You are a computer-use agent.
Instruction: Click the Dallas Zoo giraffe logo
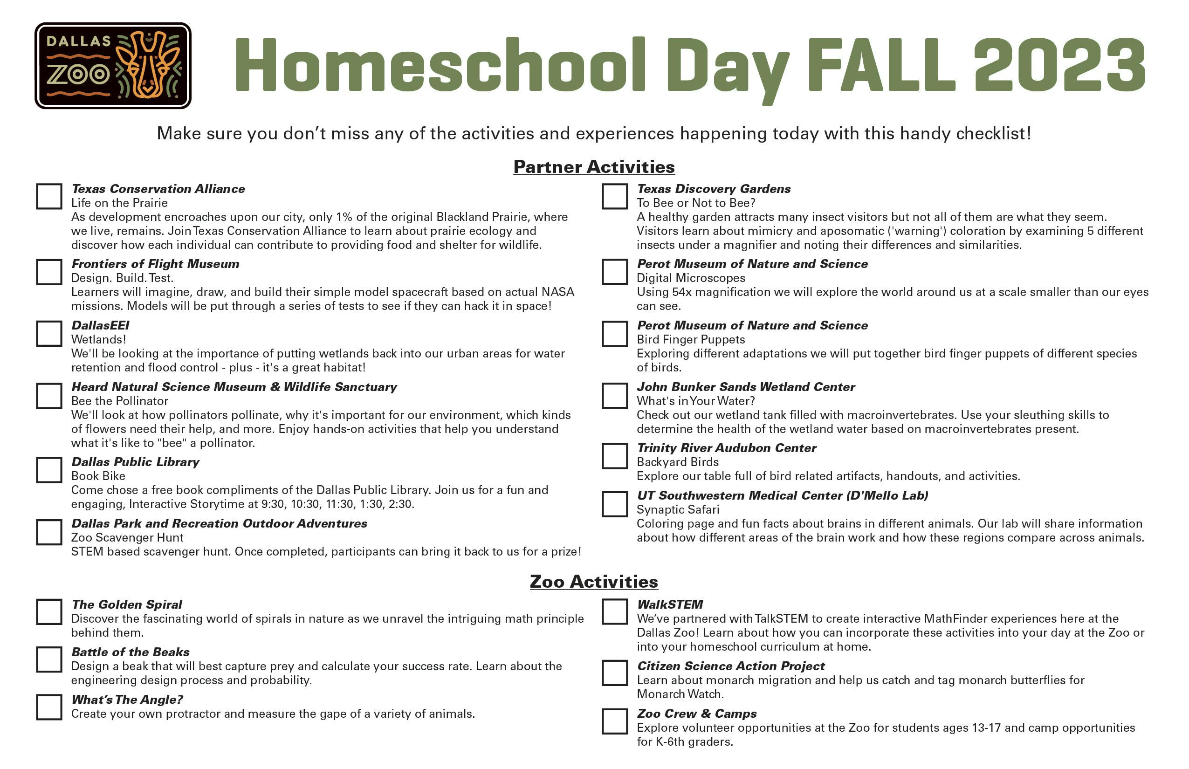(x=113, y=65)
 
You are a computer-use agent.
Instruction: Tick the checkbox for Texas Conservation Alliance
(x=49, y=196)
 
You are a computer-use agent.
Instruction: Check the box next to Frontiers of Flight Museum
(x=49, y=272)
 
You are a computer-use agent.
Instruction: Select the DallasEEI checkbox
(x=49, y=333)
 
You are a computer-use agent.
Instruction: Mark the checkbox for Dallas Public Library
(x=49, y=470)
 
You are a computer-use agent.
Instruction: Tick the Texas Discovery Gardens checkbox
(x=614, y=196)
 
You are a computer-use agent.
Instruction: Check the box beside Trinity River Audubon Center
(x=614, y=456)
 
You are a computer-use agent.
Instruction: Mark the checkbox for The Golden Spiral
(x=49, y=611)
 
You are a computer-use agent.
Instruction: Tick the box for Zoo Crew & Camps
(x=614, y=721)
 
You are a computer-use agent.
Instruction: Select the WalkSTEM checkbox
(x=614, y=611)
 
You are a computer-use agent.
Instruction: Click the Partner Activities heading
(x=594, y=167)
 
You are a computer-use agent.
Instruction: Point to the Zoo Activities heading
(x=594, y=582)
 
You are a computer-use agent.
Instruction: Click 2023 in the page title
(x=1059, y=66)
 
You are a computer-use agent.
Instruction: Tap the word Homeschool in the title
(x=440, y=66)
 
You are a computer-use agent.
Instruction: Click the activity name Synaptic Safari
(x=678, y=510)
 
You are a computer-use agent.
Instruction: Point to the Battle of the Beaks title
(x=131, y=652)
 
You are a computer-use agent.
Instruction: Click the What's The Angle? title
(x=127, y=700)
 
